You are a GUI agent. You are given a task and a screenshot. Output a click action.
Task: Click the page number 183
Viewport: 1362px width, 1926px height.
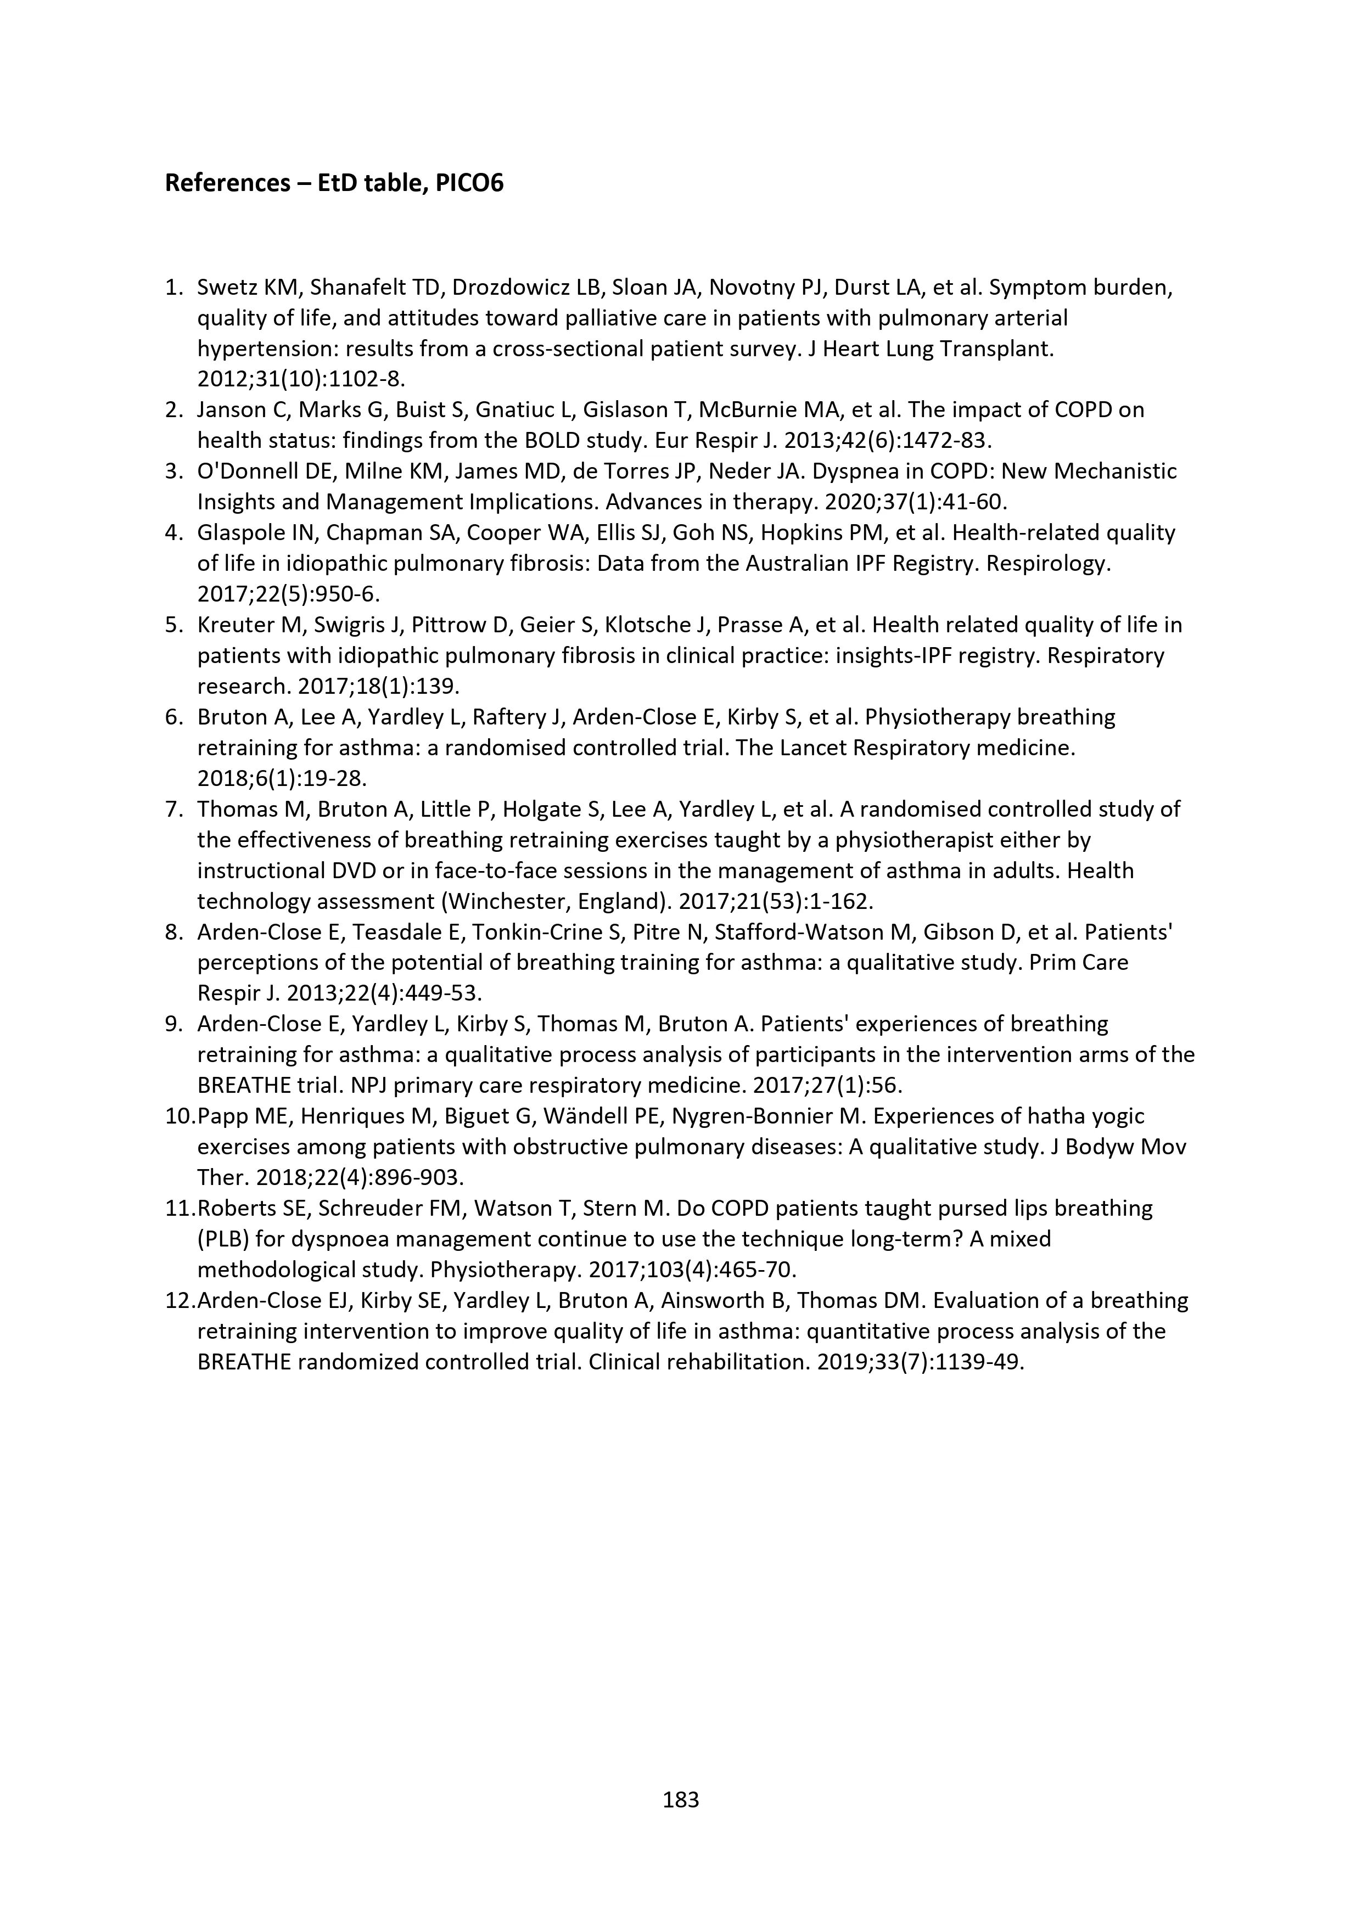tap(681, 1799)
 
